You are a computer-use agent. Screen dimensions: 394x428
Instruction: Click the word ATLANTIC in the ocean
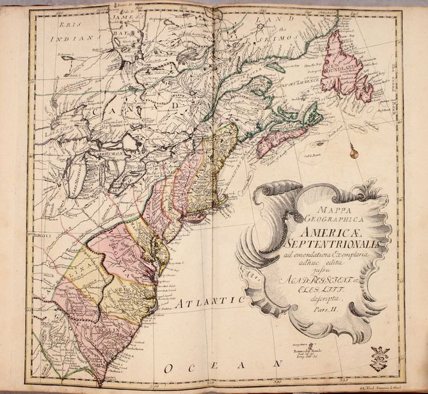point(208,302)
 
